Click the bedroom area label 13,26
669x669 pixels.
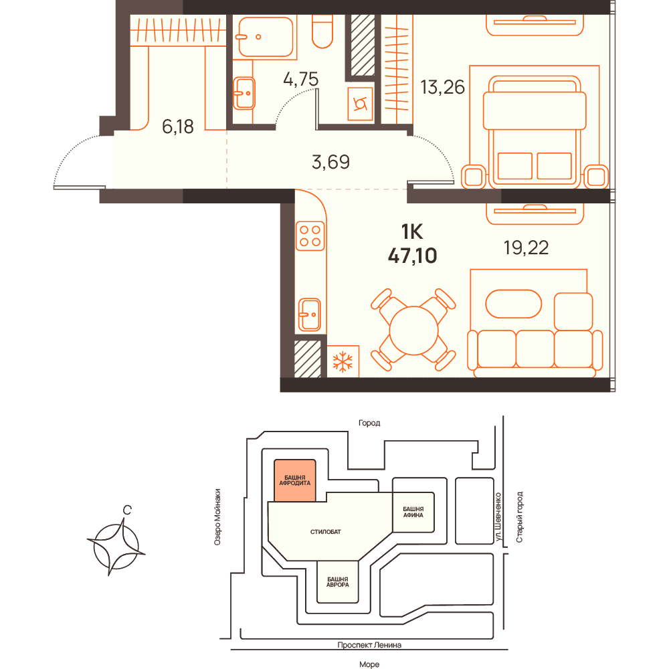pyautogui.click(x=442, y=88)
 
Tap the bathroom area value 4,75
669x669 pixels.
pyautogui.click(x=301, y=80)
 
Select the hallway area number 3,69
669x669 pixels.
pyautogui.click(x=330, y=162)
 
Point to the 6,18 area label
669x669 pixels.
pyautogui.click(x=178, y=126)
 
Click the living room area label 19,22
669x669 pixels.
pyautogui.click(x=526, y=248)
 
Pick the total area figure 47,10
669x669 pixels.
pyautogui.click(x=413, y=256)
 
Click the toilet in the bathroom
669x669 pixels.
pyautogui.click(x=322, y=31)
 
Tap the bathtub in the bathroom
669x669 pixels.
pyautogui.click(x=266, y=37)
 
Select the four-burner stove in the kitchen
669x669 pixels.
pyautogui.click(x=310, y=236)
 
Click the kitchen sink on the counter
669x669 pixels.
pyautogui.click(x=309, y=315)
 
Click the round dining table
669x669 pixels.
pyautogui.click(x=414, y=330)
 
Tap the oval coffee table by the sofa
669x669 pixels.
pyautogui.click(x=514, y=304)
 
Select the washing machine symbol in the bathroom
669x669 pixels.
pyautogui.click(x=361, y=104)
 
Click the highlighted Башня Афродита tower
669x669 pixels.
pyautogui.click(x=295, y=480)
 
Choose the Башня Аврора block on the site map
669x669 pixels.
pyautogui.click(x=337, y=581)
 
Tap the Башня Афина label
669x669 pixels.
pyautogui.click(x=413, y=512)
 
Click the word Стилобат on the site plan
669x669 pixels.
pyautogui.click(x=326, y=532)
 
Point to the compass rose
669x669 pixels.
pyautogui.click(x=116, y=547)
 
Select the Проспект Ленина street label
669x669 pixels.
pyautogui.click(x=369, y=645)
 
